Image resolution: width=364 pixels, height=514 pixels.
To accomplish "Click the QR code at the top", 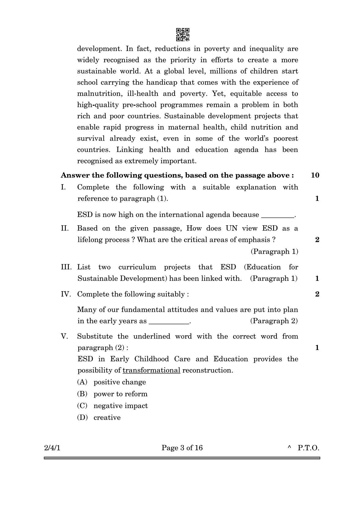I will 183,35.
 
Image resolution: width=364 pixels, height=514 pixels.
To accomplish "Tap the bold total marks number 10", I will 315,175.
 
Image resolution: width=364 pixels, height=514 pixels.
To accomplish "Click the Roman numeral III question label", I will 66,267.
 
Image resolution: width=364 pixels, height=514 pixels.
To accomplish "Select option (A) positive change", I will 112,382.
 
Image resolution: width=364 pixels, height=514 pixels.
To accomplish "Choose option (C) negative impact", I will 112,406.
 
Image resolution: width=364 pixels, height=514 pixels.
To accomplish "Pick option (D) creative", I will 99,417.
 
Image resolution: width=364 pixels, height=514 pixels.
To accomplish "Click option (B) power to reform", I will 112,394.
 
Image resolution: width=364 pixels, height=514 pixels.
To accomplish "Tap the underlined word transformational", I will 151,370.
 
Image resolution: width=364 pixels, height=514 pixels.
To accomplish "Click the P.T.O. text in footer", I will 308,448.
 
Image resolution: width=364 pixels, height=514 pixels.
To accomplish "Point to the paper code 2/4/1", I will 52,448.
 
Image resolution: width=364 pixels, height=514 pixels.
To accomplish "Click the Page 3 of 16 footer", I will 182,448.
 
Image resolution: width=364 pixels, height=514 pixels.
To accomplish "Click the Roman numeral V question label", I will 64,336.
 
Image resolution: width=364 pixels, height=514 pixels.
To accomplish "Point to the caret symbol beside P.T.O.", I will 289,448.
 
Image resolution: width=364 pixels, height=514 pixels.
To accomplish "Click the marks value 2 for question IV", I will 317,294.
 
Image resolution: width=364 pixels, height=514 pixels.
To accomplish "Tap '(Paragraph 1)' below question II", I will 274,252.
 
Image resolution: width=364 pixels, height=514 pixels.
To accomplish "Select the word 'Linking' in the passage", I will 129,150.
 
